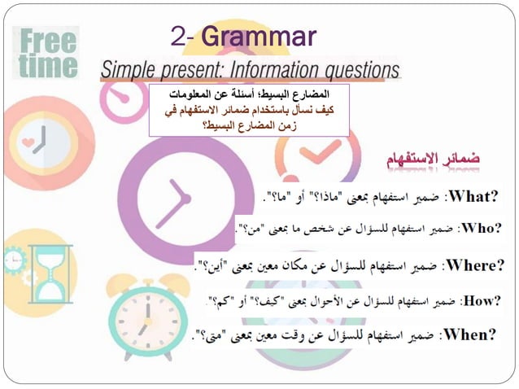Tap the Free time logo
point(48,54)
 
